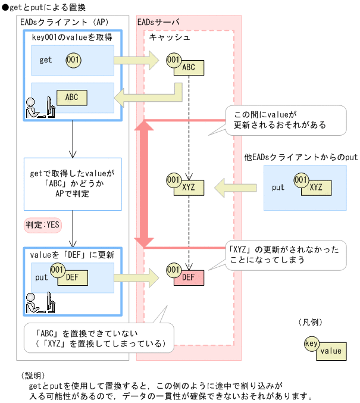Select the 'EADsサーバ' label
(158, 22)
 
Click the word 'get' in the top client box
(46, 60)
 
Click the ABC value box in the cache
(189, 67)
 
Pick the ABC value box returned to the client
(71, 97)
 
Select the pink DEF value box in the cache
(189, 277)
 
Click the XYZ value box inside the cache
(189, 187)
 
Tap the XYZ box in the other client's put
(315, 187)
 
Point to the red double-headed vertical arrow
(142, 184)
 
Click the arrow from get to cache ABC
(136, 60)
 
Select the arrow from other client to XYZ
(235, 187)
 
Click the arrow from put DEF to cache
(136, 277)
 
